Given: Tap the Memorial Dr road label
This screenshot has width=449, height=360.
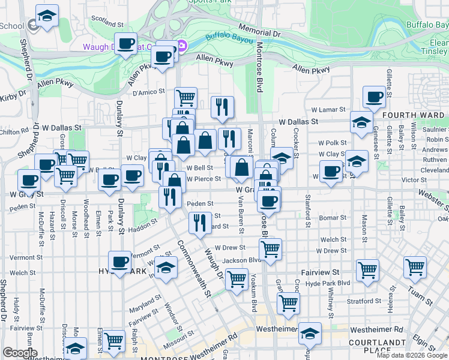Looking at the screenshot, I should point(259,30).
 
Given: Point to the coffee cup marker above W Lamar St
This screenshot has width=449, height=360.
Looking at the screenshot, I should point(375,97).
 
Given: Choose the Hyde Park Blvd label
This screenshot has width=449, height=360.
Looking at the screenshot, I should point(327,283).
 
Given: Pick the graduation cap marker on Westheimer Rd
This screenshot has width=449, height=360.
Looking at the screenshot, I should point(310,333).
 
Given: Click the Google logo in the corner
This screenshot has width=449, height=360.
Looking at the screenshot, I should point(20,352).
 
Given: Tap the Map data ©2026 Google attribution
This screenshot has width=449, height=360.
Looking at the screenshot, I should point(412,355).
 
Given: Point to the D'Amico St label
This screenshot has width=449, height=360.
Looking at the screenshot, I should point(148,92).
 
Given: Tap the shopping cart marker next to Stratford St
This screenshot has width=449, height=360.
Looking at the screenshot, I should point(289,303).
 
